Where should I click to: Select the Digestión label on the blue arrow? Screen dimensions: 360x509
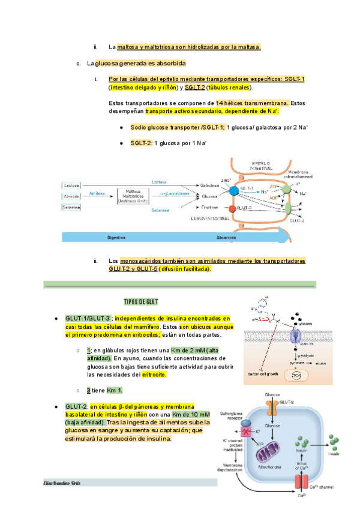pyautogui.click(x=116, y=237)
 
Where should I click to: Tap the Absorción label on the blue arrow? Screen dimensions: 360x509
pyautogui.click(x=226, y=237)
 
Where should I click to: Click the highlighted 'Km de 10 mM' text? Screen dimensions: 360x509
pyautogui.click(x=190, y=415)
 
